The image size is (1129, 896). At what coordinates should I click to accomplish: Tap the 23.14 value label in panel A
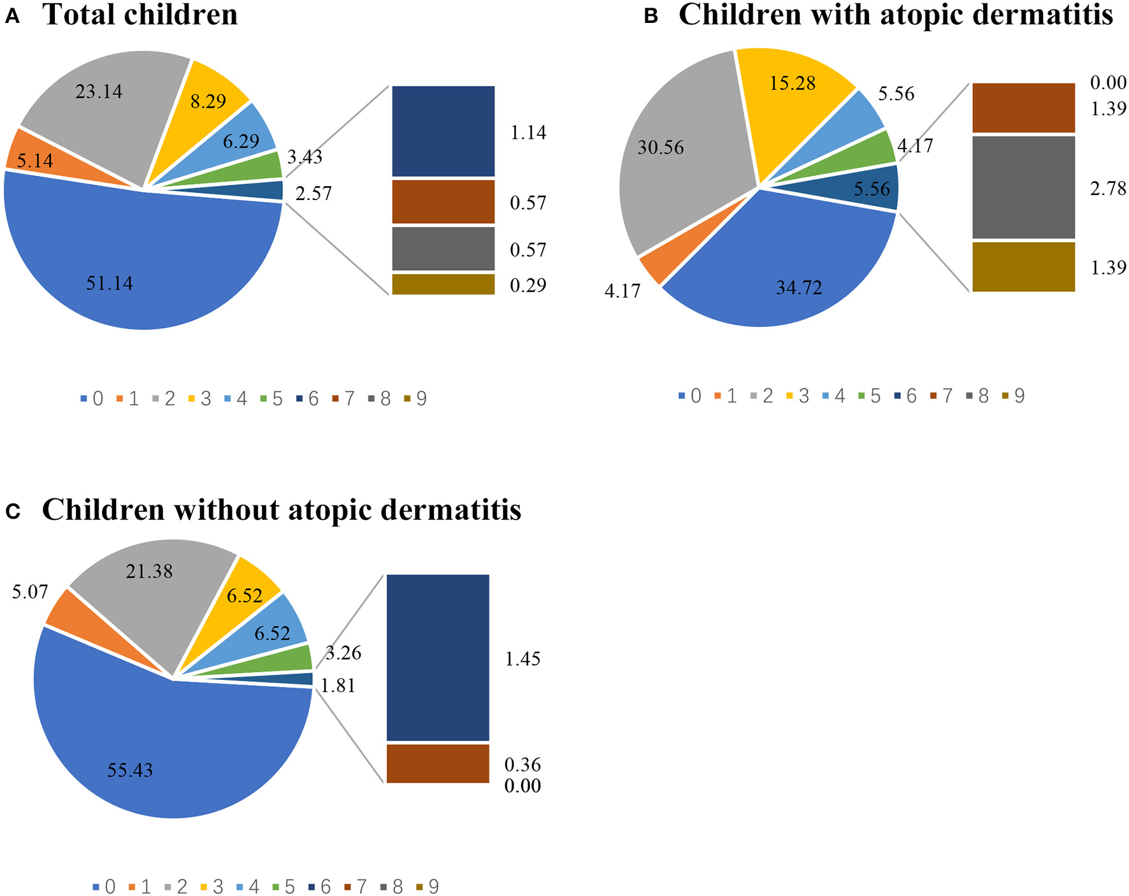tap(99, 92)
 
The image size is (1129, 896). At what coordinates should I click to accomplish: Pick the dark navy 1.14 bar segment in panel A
tap(443, 131)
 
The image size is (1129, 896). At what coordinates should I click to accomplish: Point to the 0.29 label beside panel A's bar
tap(528, 285)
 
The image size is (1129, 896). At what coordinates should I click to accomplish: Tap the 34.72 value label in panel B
tap(799, 287)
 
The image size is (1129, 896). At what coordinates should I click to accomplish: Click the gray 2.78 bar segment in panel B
tap(1023, 188)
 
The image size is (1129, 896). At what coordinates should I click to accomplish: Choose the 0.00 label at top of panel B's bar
tap(1108, 83)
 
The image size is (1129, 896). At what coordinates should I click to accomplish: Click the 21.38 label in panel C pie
tap(149, 571)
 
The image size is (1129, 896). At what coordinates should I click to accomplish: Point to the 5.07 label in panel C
tap(30, 592)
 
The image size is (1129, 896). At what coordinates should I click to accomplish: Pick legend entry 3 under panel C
tap(212, 887)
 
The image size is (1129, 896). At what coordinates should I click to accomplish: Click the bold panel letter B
tap(651, 17)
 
